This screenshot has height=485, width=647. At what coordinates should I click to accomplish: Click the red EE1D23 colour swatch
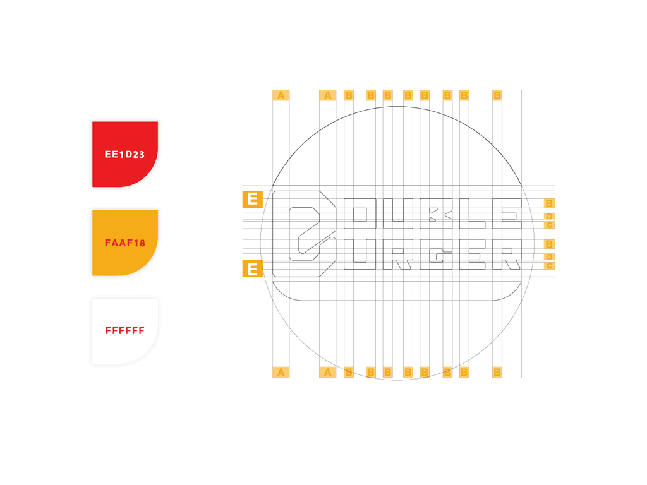[x=125, y=154]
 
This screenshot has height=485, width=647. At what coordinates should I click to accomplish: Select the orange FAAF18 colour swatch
[x=125, y=242]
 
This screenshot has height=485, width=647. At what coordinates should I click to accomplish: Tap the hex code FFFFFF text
[x=125, y=331]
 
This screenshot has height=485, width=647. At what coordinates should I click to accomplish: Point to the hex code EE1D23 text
[x=124, y=154]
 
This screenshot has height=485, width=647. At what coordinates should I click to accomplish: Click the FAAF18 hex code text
[x=125, y=242]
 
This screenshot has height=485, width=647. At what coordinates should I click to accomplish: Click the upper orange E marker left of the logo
[x=252, y=199]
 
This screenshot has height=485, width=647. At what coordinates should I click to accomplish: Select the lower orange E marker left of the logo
[x=252, y=269]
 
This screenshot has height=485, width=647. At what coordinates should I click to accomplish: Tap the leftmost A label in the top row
[x=281, y=95]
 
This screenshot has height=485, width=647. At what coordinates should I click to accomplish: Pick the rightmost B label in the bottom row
[x=497, y=373]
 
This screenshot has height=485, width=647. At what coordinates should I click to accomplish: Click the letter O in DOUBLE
[x=360, y=213]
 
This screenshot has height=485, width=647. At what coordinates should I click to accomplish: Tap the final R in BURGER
[x=507, y=254]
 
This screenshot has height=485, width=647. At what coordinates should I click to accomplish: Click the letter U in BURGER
[x=360, y=254]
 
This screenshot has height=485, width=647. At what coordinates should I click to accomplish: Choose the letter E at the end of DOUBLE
[x=507, y=213]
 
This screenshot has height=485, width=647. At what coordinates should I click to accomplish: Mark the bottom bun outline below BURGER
[x=397, y=300]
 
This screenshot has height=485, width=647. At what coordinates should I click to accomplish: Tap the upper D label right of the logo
[x=549, y=216]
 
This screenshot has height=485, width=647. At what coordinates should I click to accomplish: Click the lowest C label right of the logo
[x=549, y=266]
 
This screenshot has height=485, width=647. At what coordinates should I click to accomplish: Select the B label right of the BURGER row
[x=549, y=244]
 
